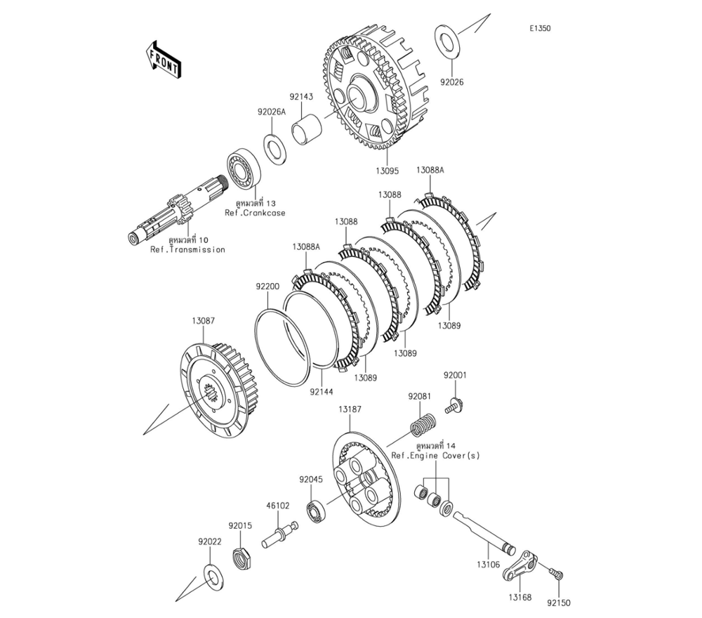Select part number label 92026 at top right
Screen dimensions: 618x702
click(451, 81)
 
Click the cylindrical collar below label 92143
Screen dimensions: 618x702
click(307, 131)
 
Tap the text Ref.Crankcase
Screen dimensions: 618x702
click(255, 213)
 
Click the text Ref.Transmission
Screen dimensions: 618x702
click(187, 249)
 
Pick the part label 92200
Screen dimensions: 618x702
click(267, 287)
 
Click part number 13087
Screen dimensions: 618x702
click(204, 320)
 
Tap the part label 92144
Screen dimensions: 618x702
click(322, 391)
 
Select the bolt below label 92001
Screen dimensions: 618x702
click(453, 405)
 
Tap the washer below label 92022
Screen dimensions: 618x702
click(210, 575)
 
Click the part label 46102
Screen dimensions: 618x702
click(277, 505)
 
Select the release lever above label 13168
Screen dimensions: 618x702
click(520, 567)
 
